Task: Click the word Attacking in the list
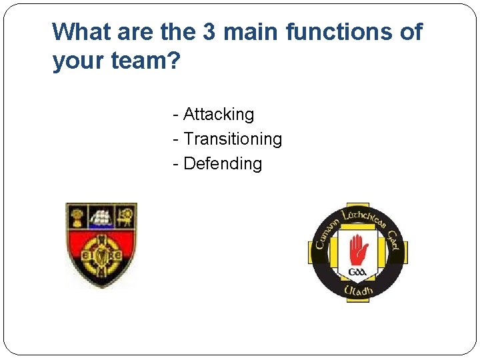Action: pos(219,115)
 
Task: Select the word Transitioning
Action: pos(233,139)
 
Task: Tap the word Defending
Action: pos(223,164)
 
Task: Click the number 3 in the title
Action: pos(220,31)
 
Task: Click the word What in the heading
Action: pos(81,31)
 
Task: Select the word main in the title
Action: pos(256,31)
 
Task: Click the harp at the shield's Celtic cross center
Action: pos(101,256)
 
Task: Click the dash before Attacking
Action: pos(175,115)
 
